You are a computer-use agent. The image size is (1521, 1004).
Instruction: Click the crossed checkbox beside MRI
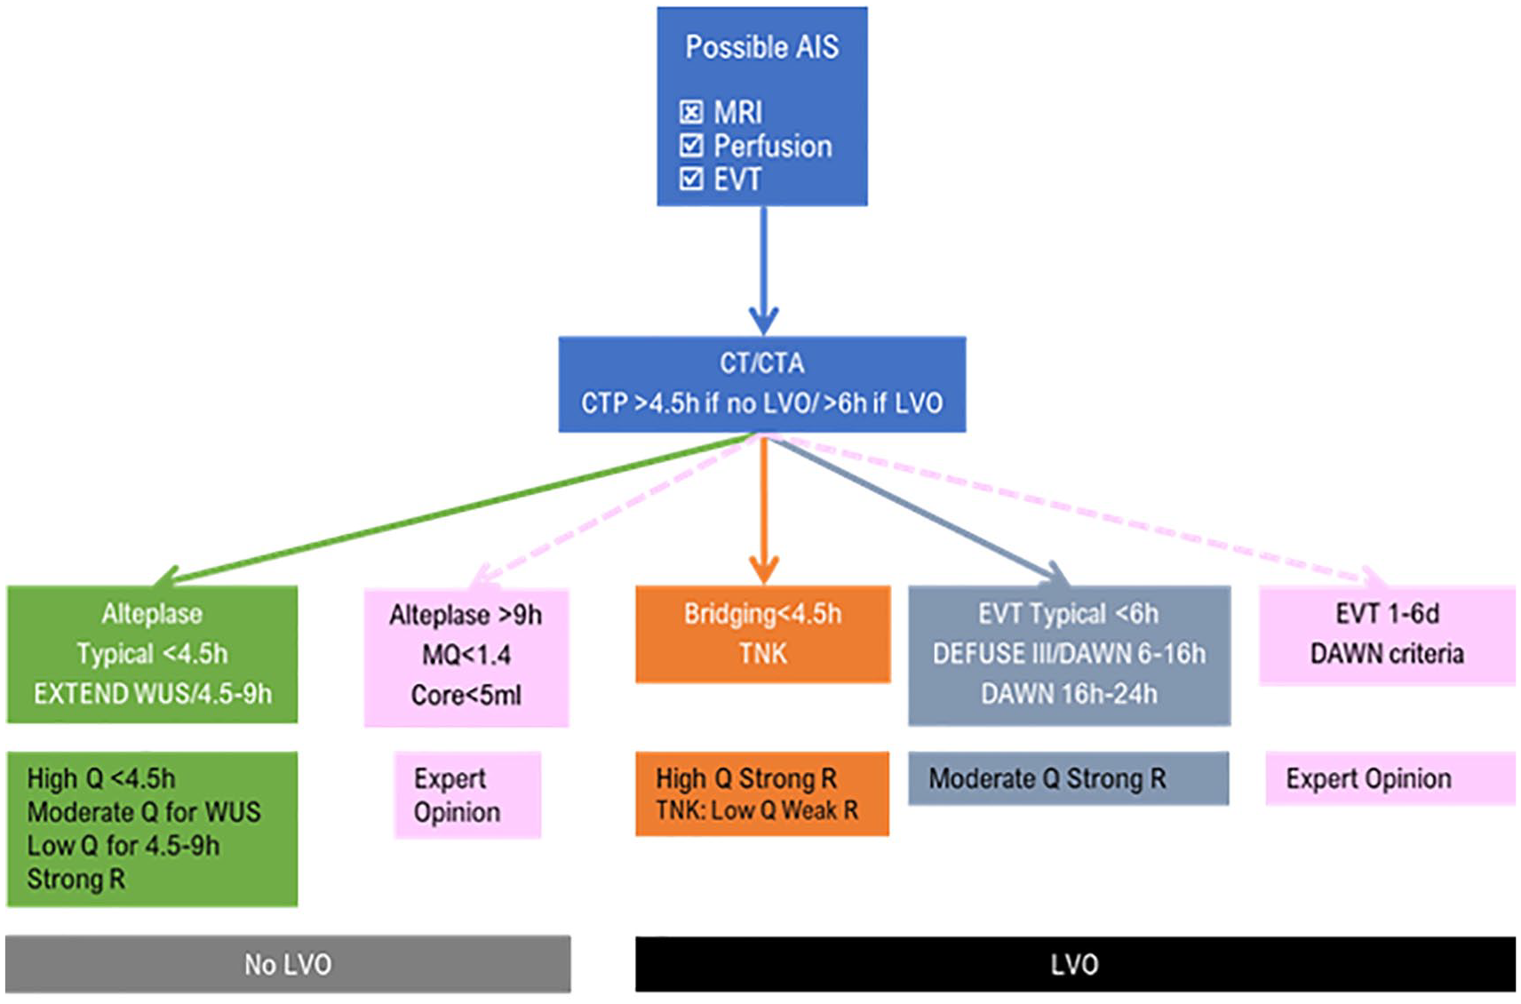click(x=690, y=112)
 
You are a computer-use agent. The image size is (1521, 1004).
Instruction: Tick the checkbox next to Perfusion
click(x=691, y=146)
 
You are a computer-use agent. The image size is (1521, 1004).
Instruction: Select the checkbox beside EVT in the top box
click(x=691, y=179)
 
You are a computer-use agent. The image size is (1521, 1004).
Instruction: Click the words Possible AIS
click(x=762, y=47)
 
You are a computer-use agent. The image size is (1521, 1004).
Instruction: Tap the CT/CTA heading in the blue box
click(x=762, y=364)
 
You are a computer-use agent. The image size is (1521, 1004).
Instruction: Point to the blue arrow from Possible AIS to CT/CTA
click(x=764, y=270)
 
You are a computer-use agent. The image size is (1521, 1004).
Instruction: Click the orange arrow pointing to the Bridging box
click(x=764, y=509)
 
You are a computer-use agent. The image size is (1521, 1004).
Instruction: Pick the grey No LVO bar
click(x=288, y=964)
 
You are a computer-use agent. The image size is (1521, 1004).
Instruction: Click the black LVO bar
click(x=1075, y=964)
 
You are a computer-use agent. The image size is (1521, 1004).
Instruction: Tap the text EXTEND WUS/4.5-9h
click(x=153, y=694)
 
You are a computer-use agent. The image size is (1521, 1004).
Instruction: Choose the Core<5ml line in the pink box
click(x=466, y=695)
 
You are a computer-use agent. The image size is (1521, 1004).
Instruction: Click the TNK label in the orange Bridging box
click(x=763, y=654)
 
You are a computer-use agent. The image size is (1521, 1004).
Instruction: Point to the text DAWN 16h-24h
click(x=1070, y=694)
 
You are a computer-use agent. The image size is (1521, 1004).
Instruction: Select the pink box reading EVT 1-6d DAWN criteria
click(x=1387, y=635)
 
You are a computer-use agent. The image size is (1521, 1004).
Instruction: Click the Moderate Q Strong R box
click(x=1069, y=778)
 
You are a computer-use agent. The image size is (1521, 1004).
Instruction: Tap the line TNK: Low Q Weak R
click(x=757, y=809)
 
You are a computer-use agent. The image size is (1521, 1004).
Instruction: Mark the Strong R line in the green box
click(x=76, y=879)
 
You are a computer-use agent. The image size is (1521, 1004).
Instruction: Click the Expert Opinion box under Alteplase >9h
click(x=467, y=795)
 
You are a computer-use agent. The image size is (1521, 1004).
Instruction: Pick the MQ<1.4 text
click(x=466, y=655)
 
